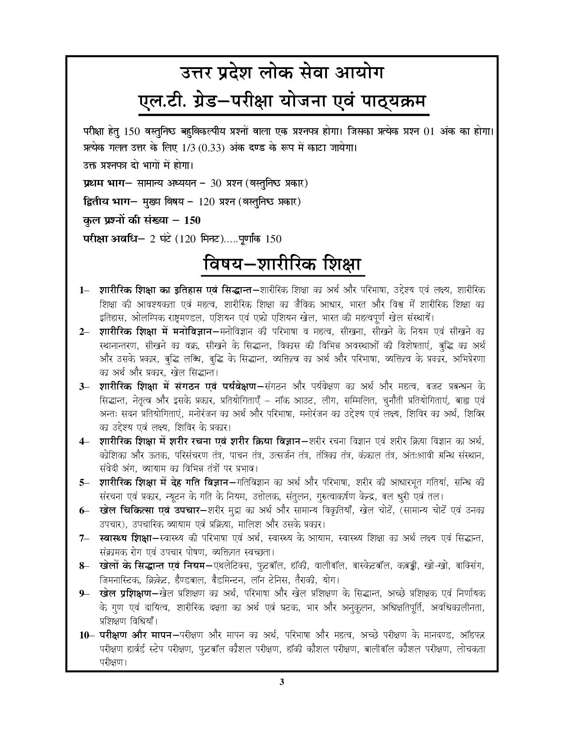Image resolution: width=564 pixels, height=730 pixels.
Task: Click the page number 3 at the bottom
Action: [x=281, y=682]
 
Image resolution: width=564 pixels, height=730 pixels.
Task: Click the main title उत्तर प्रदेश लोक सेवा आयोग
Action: [x=281, y=73]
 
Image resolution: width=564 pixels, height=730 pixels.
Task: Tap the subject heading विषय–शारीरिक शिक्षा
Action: [x=282, y=265]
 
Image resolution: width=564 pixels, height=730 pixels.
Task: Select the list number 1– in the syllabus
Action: [x=84, y=290]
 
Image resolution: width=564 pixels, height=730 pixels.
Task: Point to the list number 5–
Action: [x=84, y=483]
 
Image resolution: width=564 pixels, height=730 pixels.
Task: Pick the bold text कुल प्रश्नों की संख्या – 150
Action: [x=142, y=220]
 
